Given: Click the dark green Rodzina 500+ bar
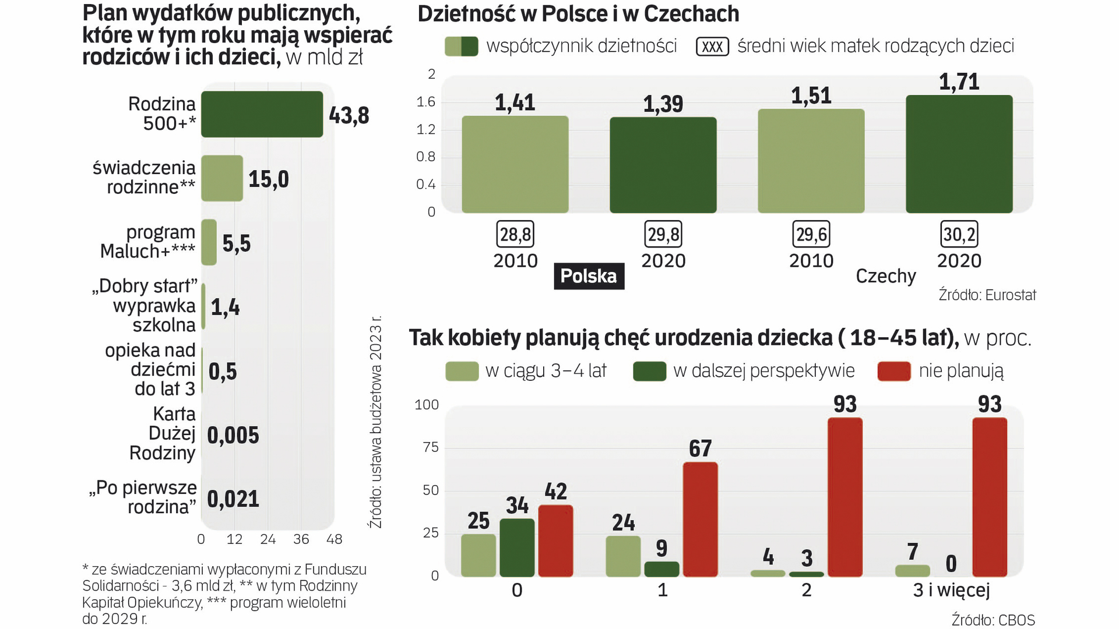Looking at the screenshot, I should point(262,114).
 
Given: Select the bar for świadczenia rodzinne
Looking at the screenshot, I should point(222,178).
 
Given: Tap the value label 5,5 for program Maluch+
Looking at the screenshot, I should point(237,243).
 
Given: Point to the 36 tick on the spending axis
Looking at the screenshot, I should point(301,539).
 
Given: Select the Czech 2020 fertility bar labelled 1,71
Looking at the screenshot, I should point(959,154).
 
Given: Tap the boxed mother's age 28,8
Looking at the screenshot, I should point(515,234).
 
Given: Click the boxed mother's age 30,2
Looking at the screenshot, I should point(959,234).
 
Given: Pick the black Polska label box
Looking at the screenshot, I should point(589,276).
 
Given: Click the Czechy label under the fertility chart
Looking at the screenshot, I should point(885,276).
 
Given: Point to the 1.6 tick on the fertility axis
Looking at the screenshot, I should point(426,102).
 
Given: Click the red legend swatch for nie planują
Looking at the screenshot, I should point(894,371).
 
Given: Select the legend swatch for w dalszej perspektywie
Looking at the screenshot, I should point(649,371).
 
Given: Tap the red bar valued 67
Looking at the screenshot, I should point(700,519).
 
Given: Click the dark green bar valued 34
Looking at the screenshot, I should point(517,547).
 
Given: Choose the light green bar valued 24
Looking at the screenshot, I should point(623,556).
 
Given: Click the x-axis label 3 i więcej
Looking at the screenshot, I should point(951,590).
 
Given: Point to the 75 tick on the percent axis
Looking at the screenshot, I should point(431,447).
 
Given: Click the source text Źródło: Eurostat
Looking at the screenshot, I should point(987,295).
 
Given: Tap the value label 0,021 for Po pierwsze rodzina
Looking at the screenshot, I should point(233,499).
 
